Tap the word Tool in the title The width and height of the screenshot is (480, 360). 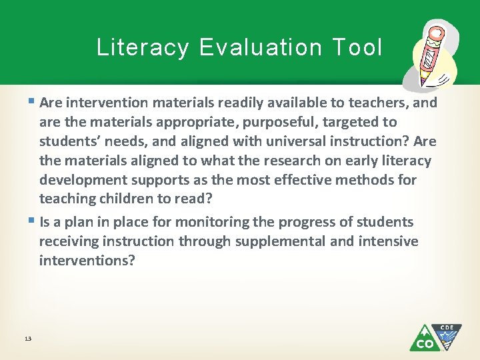tap(355, 47)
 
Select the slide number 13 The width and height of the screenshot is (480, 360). tap(27, 339)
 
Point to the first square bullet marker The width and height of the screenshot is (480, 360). tap(33, 102)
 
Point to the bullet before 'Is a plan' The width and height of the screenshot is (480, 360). tap(33, 221)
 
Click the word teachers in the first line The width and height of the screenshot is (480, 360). tap(378, 103)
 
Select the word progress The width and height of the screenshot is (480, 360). tap(311, 222)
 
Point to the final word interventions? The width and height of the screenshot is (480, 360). tap(87, 260)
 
